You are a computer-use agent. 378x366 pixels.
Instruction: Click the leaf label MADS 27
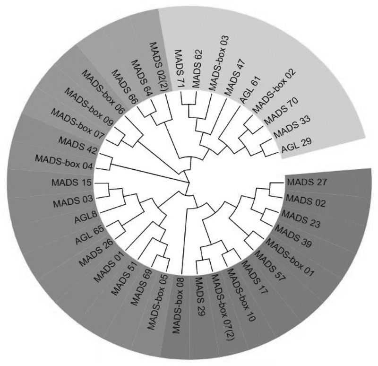(x=305, y=181)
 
